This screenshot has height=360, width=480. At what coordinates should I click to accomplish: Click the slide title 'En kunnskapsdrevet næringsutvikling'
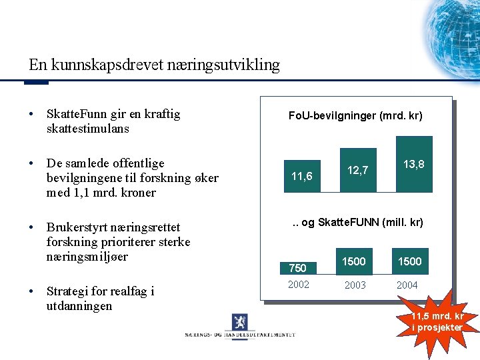154,65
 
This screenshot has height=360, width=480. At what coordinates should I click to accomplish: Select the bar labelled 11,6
302,177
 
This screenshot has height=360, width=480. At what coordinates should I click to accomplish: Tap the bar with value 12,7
358,170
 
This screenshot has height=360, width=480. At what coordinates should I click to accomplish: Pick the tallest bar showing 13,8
414,164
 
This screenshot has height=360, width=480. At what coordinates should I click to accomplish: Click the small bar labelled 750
298,267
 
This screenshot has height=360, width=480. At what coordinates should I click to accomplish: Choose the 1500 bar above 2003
354,261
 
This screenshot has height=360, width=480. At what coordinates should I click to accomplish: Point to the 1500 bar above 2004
410,261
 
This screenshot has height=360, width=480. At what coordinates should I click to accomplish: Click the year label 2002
298,285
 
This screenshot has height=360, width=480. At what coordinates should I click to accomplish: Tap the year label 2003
354,285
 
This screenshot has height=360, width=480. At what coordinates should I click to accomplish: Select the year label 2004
407,285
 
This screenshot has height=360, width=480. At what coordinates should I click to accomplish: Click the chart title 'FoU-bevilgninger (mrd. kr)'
355,116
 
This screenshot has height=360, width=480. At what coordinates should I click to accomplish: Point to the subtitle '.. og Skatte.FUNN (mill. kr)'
358,222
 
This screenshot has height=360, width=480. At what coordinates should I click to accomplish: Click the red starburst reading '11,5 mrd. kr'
437,321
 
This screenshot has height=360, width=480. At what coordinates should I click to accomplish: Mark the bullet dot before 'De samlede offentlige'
32,163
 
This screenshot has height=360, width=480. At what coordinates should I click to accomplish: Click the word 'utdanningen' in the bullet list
79,306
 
